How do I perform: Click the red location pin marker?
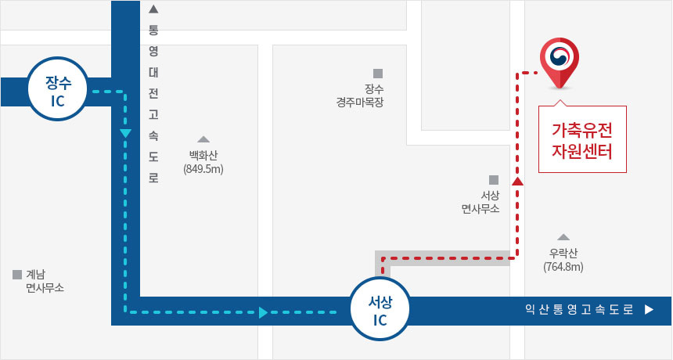(x=560, y=63)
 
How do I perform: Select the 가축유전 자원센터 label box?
(x=584, y=139)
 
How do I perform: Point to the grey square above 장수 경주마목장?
(x=378, y=74)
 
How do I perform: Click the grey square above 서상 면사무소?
(x=494, y=179)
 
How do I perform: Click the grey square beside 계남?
(x=17, y=275)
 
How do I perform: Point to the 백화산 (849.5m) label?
(x=203, y=162)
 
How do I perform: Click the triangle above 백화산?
(x=203, y=139)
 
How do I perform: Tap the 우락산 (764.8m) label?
(x=563, y=260)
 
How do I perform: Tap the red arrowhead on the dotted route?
(x=517, y=182)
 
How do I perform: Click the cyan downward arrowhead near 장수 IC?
(x=125, y=134)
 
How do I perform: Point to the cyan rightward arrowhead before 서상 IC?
(x=264, y=312)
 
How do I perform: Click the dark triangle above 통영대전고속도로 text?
(x=153, y=9)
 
